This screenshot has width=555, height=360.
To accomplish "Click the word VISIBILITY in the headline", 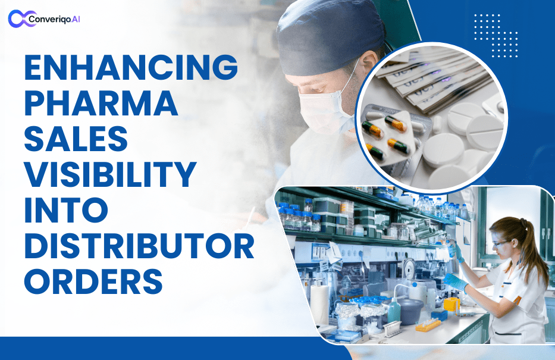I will pos(110,176).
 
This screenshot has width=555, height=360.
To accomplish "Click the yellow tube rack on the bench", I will pos(428,325).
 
